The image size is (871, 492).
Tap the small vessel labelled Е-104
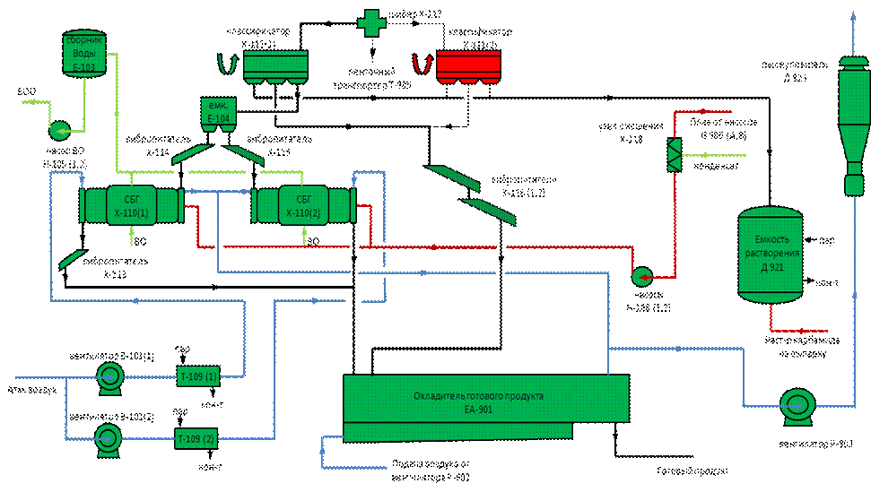click(x=219, y=112)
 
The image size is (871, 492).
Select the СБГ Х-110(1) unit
click(x=131, y=204)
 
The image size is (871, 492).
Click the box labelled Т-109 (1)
click(x=197, y=376)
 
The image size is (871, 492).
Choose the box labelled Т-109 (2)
click(x=196, y=438)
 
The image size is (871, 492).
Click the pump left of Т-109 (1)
click(x=110, y=377)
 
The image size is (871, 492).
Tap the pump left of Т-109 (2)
click(x=109, y=438)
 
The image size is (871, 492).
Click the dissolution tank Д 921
click(x=770, y=255)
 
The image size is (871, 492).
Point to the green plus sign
click(x=371, y=22)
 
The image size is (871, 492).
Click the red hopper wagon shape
click(x=468, y=67)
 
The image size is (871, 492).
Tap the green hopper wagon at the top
click(x=276, y=67)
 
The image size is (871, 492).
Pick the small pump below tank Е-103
click(x=60, y=131)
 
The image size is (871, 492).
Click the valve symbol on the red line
click(x=675, y=154)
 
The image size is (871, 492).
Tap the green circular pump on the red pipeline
click(x=642, y=276)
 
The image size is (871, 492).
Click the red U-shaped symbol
click(x=420, y=65)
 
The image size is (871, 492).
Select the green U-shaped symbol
click(x=228, y=65)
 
